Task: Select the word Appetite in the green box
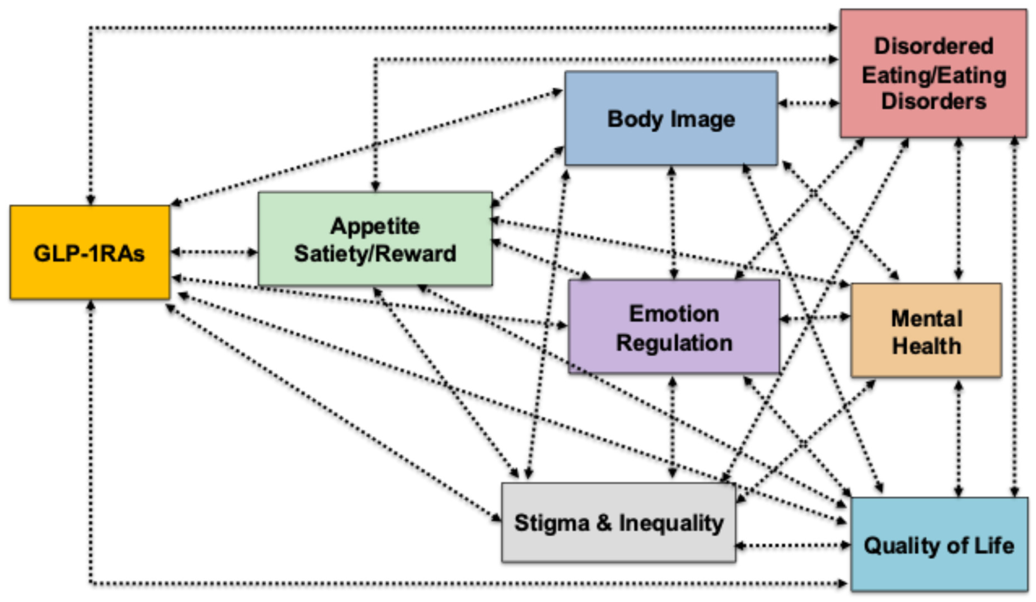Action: [375, 226]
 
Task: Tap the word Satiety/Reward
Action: [375, 253]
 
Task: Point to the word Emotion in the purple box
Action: [674, 314]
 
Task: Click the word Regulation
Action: [674, 343]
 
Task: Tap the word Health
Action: [927, 346]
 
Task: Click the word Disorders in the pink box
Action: [933, 101]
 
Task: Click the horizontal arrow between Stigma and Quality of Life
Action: [793, 546]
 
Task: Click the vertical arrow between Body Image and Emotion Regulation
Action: [672, 222]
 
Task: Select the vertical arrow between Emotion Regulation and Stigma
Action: [672, 428]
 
